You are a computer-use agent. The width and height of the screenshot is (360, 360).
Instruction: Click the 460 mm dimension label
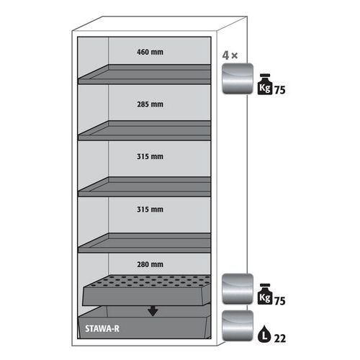150,52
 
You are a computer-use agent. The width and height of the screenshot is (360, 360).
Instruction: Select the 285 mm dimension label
150,104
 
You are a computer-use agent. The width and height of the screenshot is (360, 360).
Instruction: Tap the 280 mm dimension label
150,264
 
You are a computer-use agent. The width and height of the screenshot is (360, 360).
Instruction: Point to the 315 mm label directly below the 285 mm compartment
150,156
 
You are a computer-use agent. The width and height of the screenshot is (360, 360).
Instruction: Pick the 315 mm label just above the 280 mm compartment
150,210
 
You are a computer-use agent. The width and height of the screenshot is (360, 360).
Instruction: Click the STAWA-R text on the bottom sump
102,328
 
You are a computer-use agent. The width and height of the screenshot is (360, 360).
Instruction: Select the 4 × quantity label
230,55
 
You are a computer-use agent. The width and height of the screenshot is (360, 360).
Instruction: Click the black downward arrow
153,311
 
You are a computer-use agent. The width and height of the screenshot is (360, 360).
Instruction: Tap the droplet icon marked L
264,334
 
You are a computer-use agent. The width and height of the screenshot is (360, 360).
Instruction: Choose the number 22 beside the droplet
280,338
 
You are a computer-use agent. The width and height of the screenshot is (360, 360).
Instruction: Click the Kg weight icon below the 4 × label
265,84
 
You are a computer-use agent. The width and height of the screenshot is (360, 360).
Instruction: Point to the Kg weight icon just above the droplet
265,294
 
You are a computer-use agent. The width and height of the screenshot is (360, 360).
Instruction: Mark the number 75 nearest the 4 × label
279,90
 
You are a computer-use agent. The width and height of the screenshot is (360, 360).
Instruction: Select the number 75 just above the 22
279,301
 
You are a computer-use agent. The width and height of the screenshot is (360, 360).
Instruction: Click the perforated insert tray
147,290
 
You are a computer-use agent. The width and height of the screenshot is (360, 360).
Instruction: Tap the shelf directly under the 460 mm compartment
145,74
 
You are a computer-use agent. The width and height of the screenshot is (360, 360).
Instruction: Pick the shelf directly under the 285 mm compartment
145,130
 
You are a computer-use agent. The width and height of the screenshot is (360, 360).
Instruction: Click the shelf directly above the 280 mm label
145,243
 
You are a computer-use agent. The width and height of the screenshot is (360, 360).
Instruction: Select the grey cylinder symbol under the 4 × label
238,78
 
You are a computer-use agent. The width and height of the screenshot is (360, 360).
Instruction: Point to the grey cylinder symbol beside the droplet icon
238,325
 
